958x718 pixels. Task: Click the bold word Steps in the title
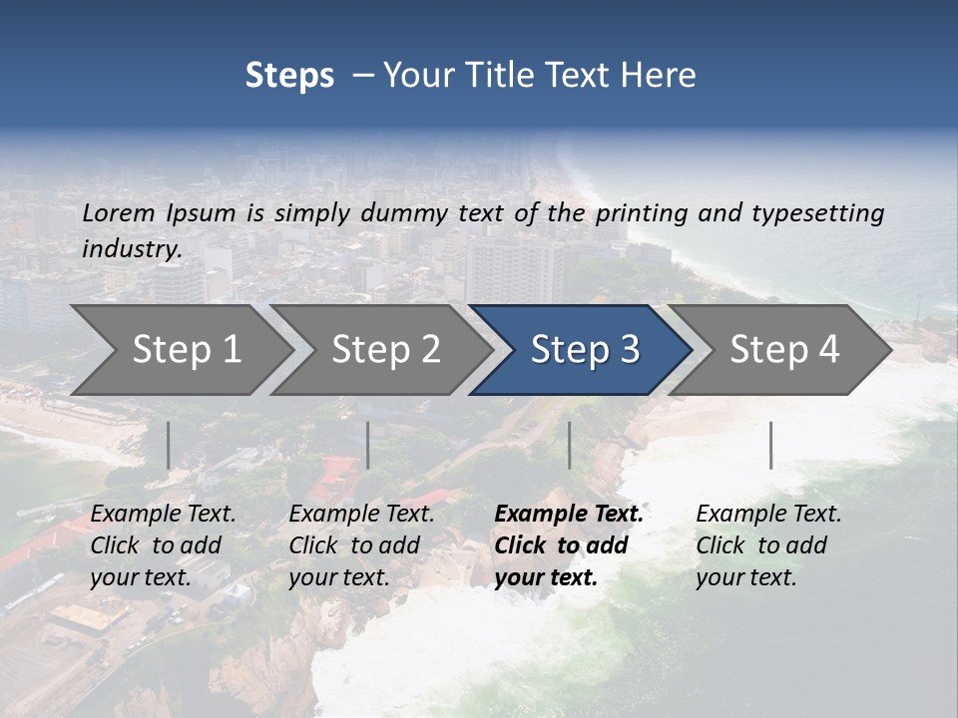pos(289,76)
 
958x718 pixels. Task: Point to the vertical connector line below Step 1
pos(168,445)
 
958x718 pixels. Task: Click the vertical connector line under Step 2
pos(368,445)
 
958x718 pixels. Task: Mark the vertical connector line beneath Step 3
pos(569,445)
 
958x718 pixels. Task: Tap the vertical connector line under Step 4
pos(770,445)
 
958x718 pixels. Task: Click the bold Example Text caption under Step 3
pos(568,545)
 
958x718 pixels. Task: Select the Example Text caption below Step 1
pos(163,545)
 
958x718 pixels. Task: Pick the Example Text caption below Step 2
pos(361,545)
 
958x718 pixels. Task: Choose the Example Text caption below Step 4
pos(768,545)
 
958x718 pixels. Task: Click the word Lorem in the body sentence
pos(118,213)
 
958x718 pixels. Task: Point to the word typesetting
pos(817,213)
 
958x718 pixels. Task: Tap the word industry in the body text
pos(131,249)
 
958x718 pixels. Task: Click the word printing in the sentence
pos(643,213)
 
